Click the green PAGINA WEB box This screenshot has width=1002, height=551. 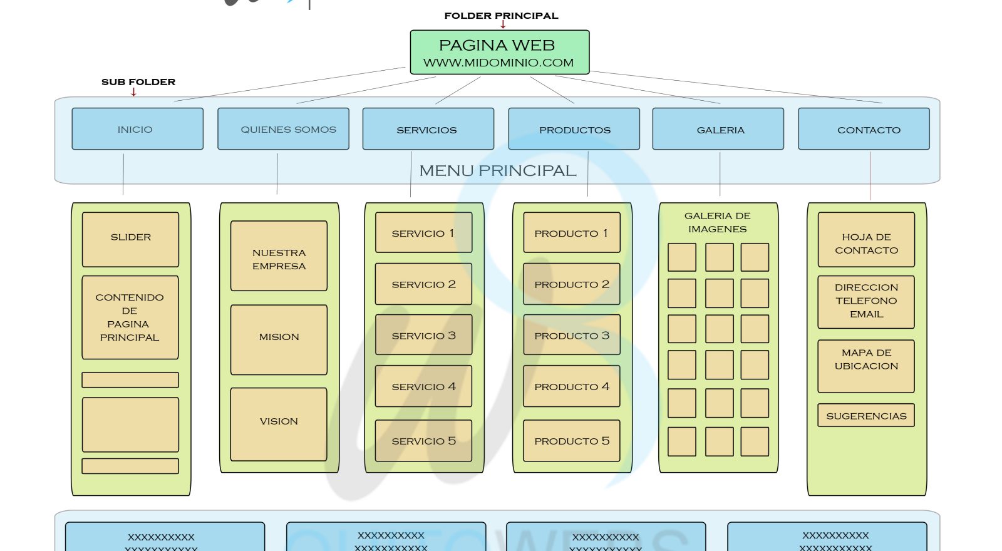(499, 53)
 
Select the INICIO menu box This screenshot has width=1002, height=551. (137, 129)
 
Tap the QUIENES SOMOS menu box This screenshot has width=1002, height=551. (283, 129)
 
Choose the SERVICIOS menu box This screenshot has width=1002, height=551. (428, 129)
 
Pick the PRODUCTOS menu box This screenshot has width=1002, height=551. (574, 129)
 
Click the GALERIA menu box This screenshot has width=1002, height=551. (718, 129)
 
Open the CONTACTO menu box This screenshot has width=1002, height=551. (864, 129)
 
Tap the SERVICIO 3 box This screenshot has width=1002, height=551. (423, 335)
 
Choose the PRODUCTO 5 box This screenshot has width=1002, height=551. (571, 441)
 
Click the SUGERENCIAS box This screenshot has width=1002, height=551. (865, 415)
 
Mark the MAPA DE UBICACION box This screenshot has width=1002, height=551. (865, 366)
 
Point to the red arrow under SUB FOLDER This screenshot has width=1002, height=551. (133, 92)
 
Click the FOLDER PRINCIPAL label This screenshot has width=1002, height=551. (501, 16)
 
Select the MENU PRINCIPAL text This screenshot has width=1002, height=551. (498, 170)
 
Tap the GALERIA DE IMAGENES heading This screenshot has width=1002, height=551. (717, 222)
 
